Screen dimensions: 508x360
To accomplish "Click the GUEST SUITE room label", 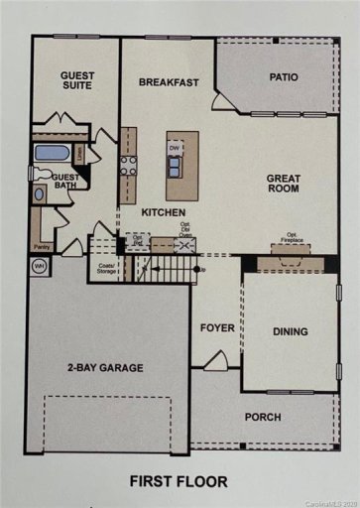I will pos(76,80).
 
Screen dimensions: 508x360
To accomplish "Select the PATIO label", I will pos(285,76).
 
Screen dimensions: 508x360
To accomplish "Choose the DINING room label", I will pos(290,331).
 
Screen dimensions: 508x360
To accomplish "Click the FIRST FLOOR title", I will pos(179,482).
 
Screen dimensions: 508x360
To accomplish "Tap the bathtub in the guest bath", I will pos(52,154).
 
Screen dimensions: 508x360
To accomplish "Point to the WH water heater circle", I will pos(40,266).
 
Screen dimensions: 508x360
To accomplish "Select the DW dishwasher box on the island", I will pos(175,149).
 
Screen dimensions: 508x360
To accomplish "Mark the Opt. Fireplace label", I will pos(288,243).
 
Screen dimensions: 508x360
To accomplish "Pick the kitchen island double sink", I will pos(175,168).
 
